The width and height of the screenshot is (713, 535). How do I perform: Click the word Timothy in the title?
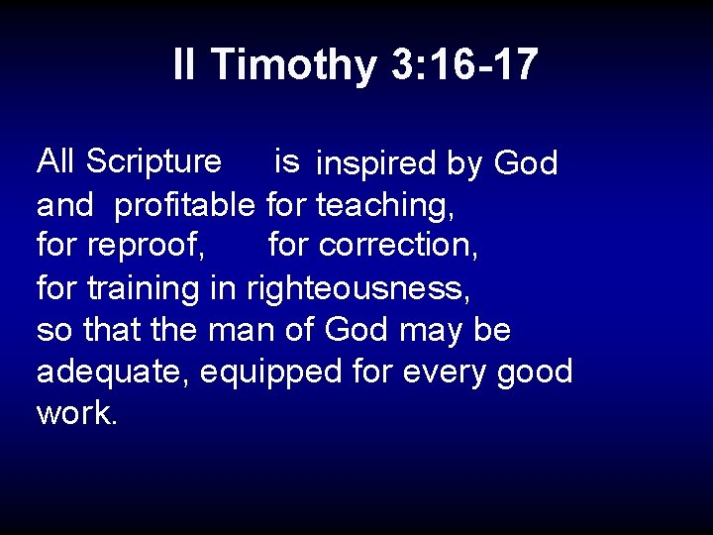293,65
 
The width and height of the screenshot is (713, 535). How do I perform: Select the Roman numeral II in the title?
185,65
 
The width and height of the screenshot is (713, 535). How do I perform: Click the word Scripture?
154,161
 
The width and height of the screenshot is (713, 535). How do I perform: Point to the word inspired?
375,164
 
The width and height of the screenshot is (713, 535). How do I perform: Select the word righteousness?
357,288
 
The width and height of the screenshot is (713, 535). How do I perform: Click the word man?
238,330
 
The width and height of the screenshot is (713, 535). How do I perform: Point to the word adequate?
113,373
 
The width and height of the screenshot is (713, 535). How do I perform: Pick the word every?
440,373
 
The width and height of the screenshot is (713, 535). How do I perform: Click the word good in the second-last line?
535,373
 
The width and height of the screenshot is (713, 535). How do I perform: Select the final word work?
77,413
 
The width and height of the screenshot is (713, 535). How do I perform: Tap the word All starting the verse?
56,160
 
